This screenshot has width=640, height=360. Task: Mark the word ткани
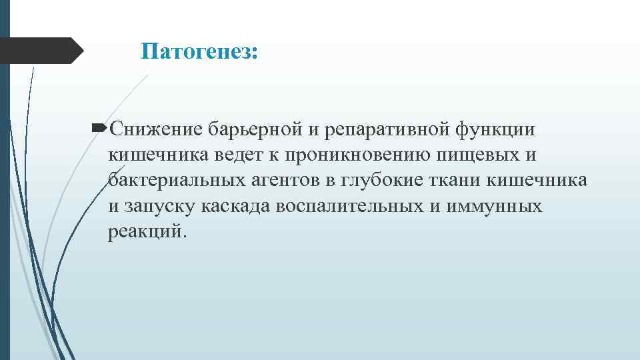[464, 180]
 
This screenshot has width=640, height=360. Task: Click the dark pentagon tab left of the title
[40, 51]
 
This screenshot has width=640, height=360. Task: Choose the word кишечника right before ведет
[158, 155]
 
